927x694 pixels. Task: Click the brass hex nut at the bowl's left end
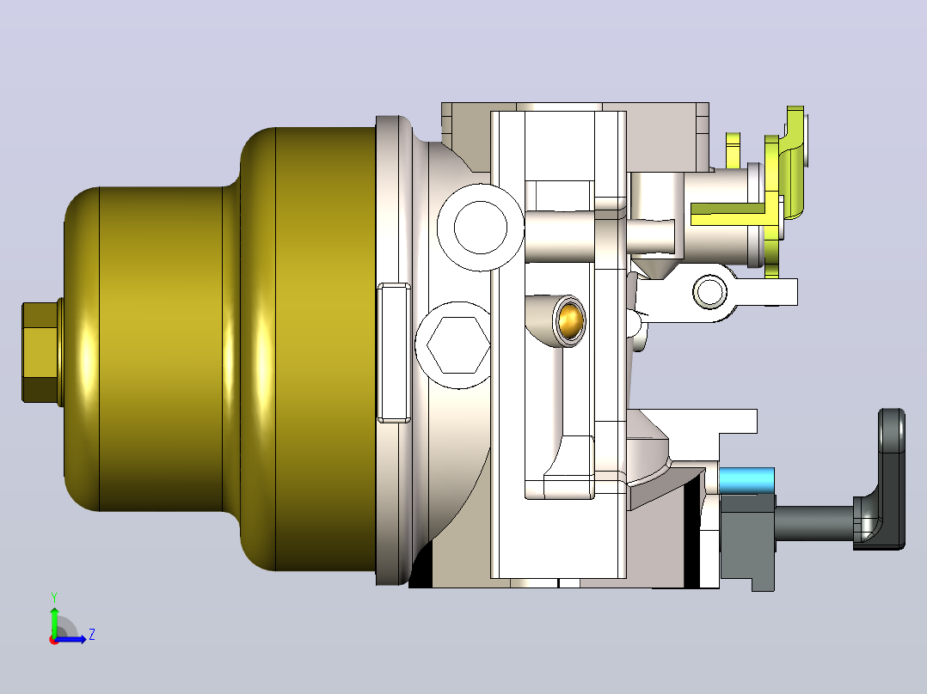41,353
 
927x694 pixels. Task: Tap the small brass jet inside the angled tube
570,320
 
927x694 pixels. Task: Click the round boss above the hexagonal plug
480,228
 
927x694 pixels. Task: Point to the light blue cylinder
746,480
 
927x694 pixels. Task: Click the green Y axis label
54,598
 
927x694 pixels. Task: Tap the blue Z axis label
92,635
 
